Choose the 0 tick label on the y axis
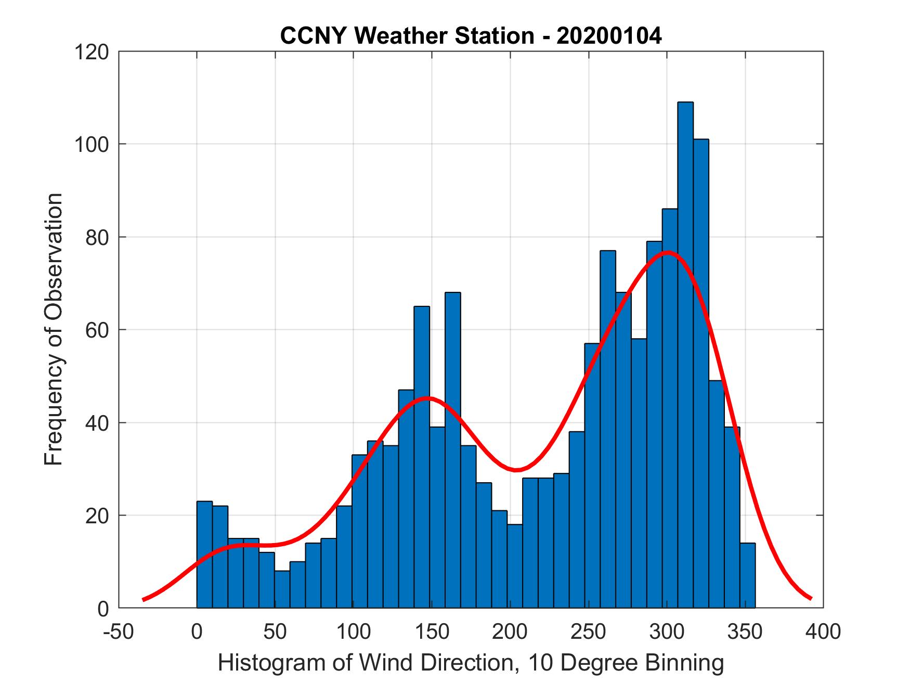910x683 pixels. (x=103, y=609)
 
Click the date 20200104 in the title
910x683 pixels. (x=609, y=36)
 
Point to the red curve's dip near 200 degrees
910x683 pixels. (x=515, y=470)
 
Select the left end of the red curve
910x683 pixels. (x=144, y=599)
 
